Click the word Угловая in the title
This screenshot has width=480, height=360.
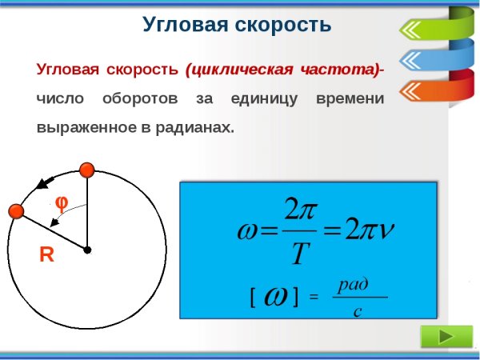click(x=178, y=25)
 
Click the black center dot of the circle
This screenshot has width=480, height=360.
click(x=87, y=250)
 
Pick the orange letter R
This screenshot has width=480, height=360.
click(x=46, y=256)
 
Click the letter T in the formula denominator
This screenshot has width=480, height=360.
click(x=299, y=255)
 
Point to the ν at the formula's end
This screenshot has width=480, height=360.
click(x=386, y=231)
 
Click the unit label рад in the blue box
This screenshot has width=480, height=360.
click(x=353, y=284)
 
